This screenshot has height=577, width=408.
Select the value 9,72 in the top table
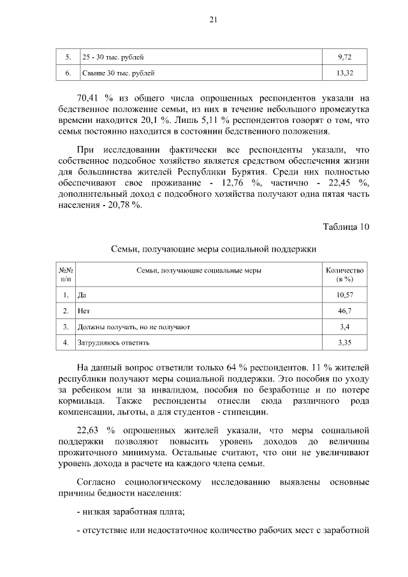tap(344, 57)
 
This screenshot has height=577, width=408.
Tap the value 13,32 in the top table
tap(344, 73)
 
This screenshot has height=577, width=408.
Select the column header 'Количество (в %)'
tap(344, 274)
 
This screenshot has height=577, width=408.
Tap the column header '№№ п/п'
tap(66, 274)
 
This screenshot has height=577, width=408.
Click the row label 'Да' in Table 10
tap(81, 295)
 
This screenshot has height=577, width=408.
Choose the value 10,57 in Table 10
tap(344, 295)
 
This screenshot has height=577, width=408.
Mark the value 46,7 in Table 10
tap(344, 311)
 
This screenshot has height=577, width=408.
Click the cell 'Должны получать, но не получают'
tap(133, 327)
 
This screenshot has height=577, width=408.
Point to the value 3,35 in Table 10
tap(344, 343)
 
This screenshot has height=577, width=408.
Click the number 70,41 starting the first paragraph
tap(90, 99)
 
